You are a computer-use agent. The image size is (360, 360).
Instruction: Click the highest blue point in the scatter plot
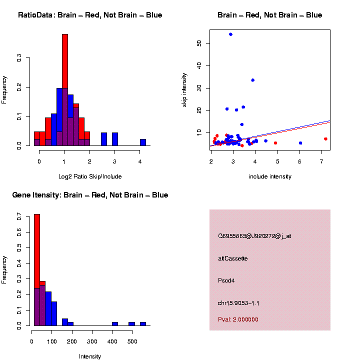click(230, 34)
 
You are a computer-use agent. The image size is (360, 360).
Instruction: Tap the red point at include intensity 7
click(325, 139)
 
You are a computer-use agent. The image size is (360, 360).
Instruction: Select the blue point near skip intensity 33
click(253, 80)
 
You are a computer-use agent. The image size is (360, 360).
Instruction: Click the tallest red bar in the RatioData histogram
click(65, 90)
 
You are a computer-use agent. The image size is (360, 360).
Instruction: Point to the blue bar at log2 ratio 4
click(143, 142)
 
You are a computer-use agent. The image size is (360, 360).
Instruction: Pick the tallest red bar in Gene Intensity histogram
click(37, 270)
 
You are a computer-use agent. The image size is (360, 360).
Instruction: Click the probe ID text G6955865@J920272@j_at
click(254, 236)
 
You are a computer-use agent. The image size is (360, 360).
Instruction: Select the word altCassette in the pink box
click(232, 258)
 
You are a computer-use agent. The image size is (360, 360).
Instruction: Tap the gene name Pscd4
click(226, 280)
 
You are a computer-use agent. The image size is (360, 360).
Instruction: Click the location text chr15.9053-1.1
click(238, 303)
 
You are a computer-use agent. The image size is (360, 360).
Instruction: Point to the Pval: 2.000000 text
click(238, 319)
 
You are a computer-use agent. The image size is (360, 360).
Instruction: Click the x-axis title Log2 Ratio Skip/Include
click(90, 176)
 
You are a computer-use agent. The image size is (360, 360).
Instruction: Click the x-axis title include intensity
click(270, 176)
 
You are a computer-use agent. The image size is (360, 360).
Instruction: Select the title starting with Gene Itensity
click(90, 195)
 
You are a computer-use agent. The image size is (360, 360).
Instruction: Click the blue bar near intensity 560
click(143, 324)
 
